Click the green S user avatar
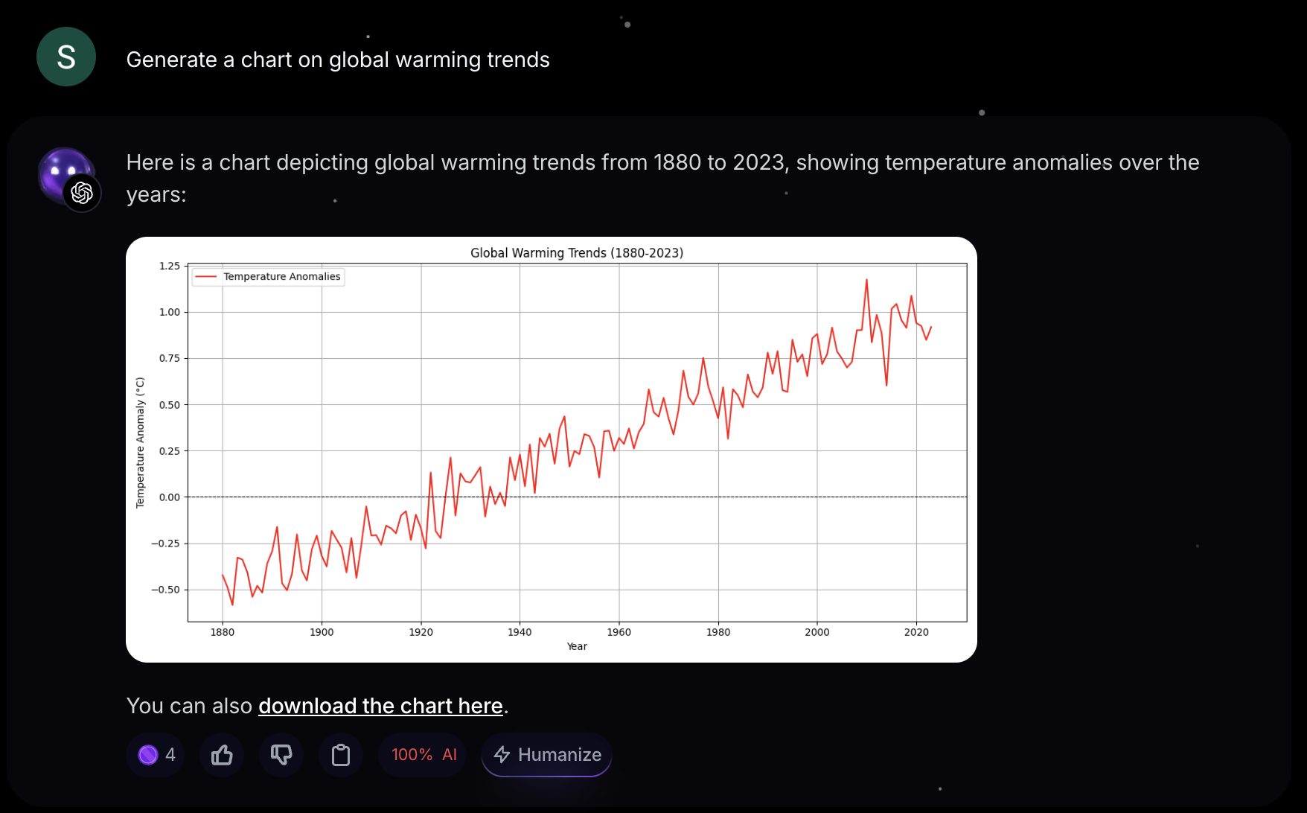[x=66, y=57]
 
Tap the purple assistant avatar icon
[x=67, y=177]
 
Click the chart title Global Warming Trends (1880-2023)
[x=576, y=253]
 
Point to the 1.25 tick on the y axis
[x=170, y=266]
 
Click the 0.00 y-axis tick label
[x=170, y=497]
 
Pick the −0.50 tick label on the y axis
[x=166, y=590]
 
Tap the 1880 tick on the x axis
[x=223, y=632]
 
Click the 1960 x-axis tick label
[x=619, y=632]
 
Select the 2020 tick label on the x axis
[x=916, y=632]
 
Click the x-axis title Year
[x=577, y=646]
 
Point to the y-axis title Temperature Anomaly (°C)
[x=140, y=443]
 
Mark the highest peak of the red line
[x=866, y=280]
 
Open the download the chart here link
[x=380, y=706]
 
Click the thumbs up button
[x=222, y=755]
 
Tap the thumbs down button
[x=281, y=755]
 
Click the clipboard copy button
[x=341, y=755]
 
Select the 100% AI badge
[x=423, y=755]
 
